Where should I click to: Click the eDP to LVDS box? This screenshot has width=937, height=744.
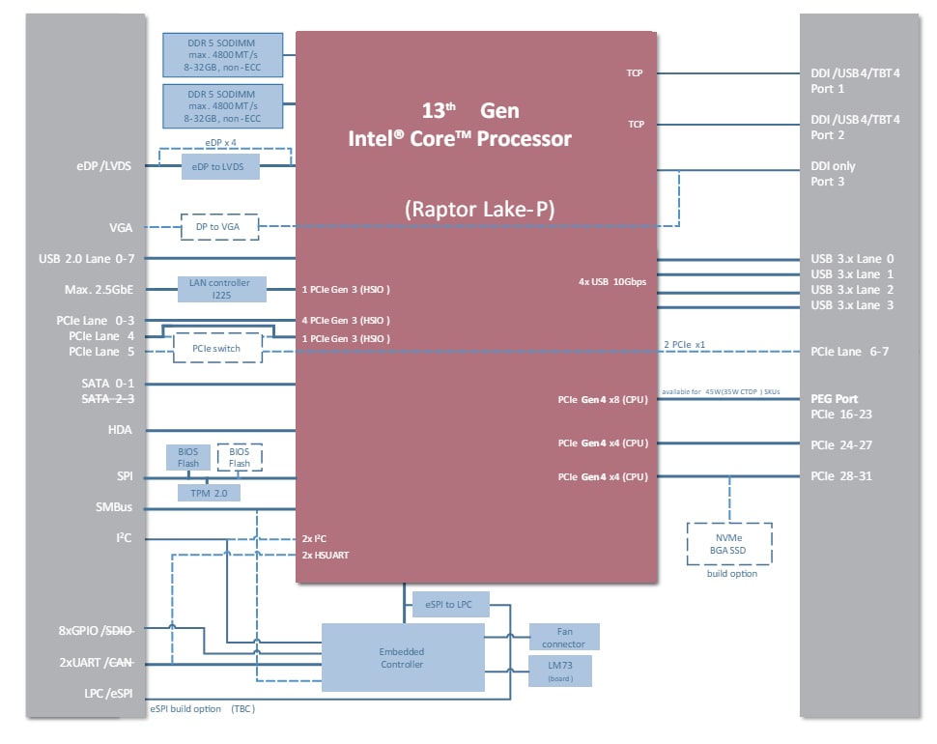pos(220,167)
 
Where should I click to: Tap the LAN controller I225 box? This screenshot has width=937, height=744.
pos(219,288)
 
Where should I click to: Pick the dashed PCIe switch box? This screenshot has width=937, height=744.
pos(216,348)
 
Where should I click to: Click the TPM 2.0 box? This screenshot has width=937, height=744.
pos(209,492)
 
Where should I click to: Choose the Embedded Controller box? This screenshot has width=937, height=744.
pos(402,657)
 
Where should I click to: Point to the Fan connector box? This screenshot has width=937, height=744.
pos(564,637)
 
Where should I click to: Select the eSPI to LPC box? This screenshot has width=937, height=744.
pos(450,604)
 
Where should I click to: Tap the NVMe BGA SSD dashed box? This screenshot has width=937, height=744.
pos(728,543)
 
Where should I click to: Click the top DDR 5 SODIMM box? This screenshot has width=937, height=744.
pos(223,53)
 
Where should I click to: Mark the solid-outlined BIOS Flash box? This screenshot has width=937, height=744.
pos(188,457)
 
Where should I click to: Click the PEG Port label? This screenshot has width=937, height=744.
pos(835,398)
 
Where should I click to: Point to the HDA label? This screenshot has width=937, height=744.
pos(120,430)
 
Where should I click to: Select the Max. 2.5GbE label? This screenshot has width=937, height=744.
pos(99,289)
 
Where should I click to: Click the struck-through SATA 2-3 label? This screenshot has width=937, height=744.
pos(108,398)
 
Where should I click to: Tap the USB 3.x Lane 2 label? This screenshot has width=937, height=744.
pos(852,290)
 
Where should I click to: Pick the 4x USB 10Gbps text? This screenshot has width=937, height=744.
pos(611,281)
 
